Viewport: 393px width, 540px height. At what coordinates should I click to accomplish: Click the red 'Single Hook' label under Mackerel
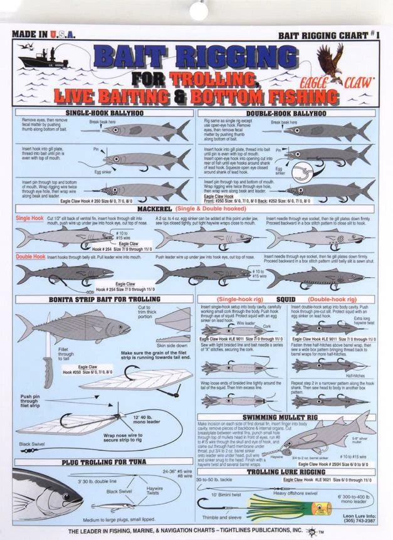pos(29,218)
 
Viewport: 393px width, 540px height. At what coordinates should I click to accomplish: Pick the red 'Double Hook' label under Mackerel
pos(30,257)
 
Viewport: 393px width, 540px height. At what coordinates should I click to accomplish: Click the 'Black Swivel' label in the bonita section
pos(32,443)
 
